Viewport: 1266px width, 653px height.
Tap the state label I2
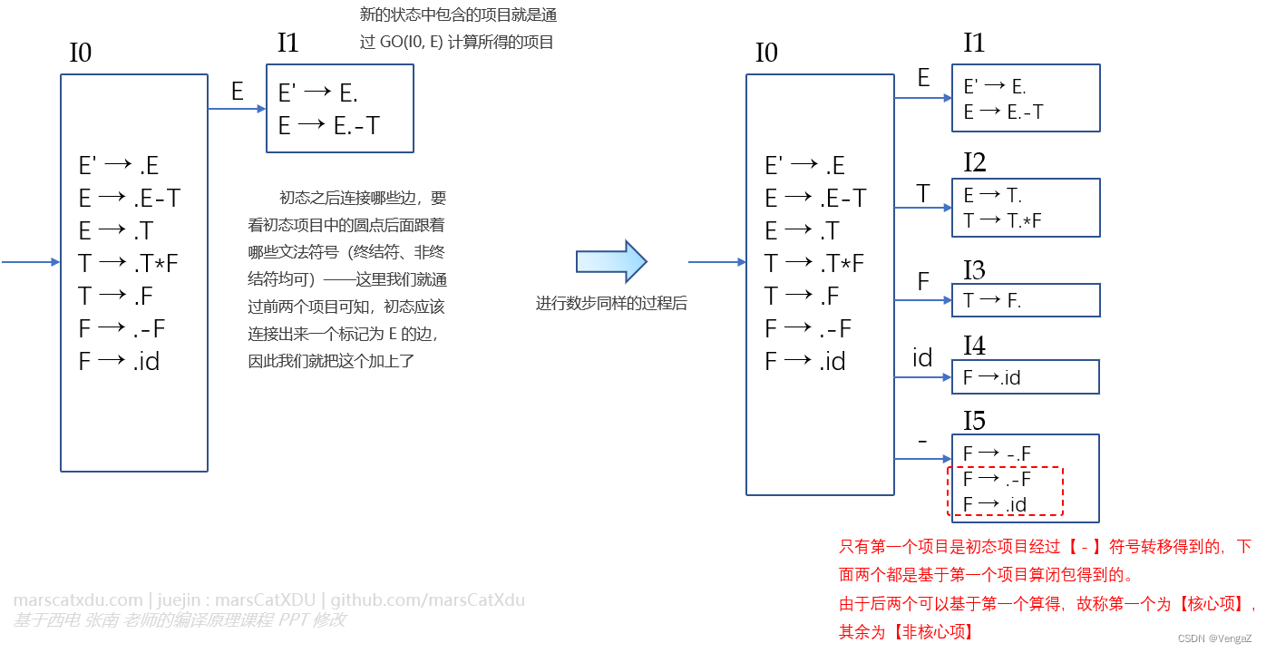point(974,162)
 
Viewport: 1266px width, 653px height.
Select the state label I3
point(974,269)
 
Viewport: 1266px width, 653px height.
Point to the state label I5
point(974,421)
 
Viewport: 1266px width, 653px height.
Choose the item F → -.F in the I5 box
point(997,453)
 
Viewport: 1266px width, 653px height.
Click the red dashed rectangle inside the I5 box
point(1004,491)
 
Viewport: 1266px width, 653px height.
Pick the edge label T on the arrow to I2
point(922,193)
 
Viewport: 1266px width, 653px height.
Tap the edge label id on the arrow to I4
point(922,358)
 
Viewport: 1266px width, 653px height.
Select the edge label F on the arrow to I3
point(923,281)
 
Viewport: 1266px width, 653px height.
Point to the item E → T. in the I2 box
point(992,195)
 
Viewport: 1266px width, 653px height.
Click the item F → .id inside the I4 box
point(991,377)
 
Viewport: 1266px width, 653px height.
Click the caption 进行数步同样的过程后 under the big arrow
point(611,304)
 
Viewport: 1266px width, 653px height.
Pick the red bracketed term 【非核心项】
point(933,632)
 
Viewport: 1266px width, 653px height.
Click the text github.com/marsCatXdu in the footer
point(427,600)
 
